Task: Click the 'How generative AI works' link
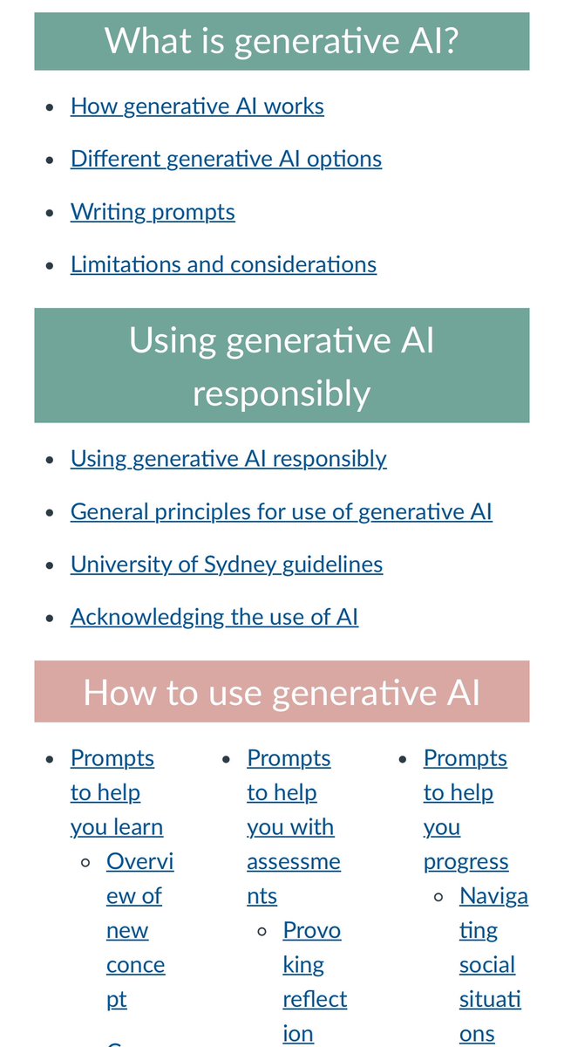(x=197, y=106)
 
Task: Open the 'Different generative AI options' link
(x=226, y=159)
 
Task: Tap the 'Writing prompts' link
(x=153, y=212)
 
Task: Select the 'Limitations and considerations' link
(x=223, y=264)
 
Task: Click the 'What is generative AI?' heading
(x=282, y=41)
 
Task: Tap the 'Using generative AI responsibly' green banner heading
(x=282, y=366)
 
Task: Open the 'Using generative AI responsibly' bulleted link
(x=228, y=459)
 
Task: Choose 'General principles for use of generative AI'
(x=281, y=511)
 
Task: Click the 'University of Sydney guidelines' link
(x=227, y=565)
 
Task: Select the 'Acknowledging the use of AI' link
(x=214, y=617)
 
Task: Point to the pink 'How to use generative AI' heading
(x=282, y=692)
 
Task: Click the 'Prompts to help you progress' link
(x=465, y=810)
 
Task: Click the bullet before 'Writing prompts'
(x=51, y=213)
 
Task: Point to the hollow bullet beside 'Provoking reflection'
(x=262, y=931)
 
